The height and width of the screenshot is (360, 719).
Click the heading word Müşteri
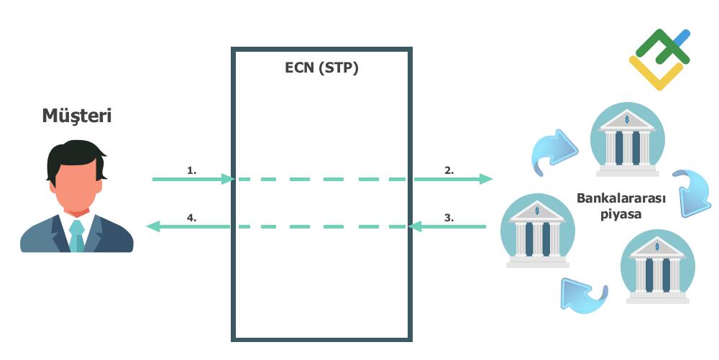pos(76,115)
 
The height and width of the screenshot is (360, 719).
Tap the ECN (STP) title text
pos(321,69)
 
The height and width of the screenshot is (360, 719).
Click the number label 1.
pos(191,170)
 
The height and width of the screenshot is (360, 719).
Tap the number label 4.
pos(191,217)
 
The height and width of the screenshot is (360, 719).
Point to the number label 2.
pos(449,170)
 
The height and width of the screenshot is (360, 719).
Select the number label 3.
pos(449,217)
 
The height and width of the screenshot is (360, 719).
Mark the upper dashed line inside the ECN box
pos(321,179)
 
